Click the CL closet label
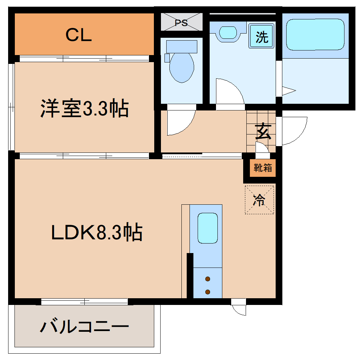79,35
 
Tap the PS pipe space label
181,23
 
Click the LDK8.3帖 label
97,233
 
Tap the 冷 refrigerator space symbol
259,200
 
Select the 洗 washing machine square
262,36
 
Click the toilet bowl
182,67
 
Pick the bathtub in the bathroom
315,35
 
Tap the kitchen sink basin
207,228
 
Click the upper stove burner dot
208,279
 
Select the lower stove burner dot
208,292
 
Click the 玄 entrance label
263,132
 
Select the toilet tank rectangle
181,47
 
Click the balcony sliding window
84,302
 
